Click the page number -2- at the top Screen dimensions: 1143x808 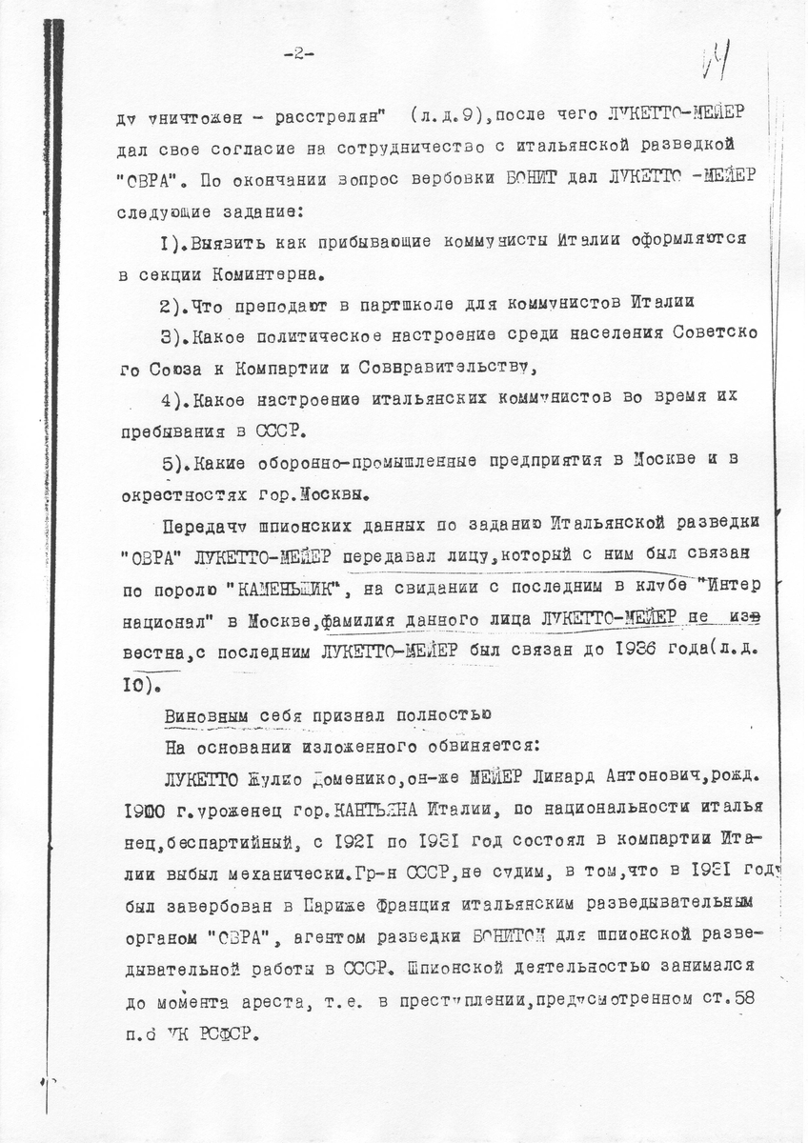pos(298,54)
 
